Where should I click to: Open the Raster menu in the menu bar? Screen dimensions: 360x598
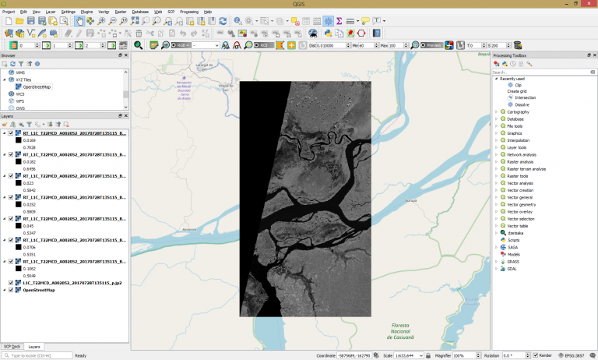(121, 12)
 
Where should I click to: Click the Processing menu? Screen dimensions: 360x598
(188, 12)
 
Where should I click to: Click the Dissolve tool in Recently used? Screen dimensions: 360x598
(521, 104)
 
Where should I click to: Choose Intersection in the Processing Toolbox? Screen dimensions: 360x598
(525, 97)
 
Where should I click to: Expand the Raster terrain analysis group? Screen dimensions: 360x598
(496, 168)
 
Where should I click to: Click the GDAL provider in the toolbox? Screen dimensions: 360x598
(513, 268)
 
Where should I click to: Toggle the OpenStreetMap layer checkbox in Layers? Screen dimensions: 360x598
(11, 290)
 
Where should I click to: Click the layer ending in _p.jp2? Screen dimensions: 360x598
(70, 283)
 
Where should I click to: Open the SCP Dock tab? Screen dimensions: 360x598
(12, 347)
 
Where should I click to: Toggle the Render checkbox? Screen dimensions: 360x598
(536, 355)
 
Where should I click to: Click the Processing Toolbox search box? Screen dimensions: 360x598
(541, 72)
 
